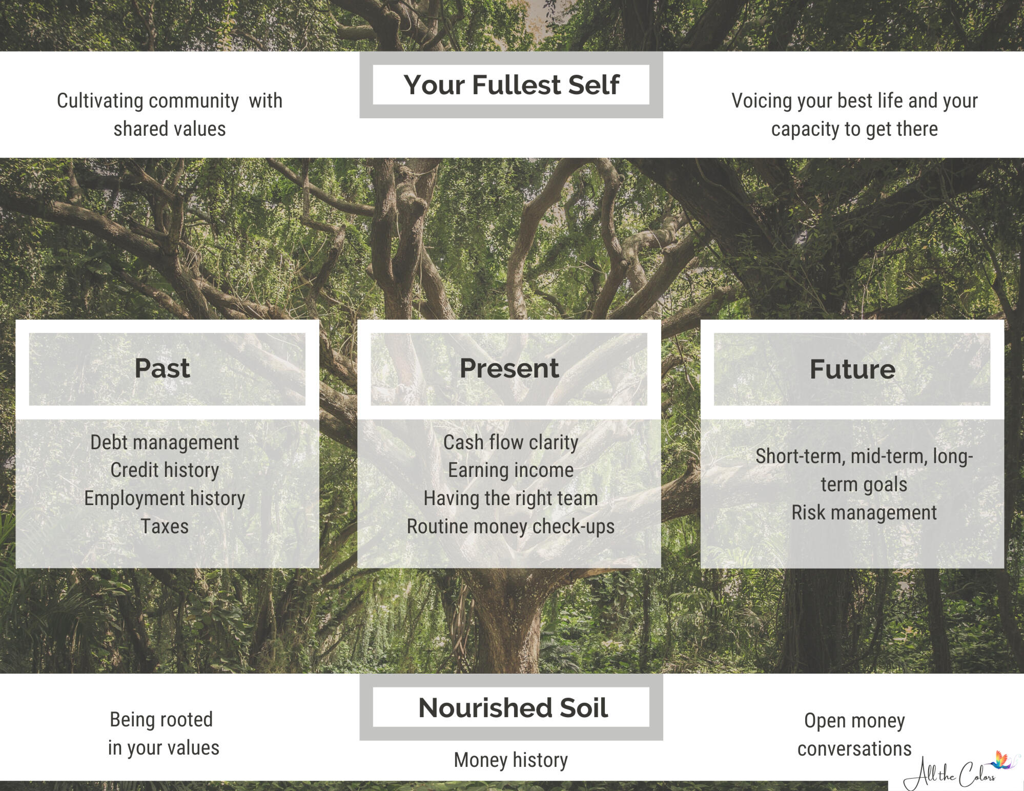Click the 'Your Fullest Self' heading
coord(511,85)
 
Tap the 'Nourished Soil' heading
coord(513,707)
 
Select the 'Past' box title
coord(162,368)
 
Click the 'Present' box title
coord(509,368)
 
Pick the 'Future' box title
coord(852,369)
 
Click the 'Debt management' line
coord(165,442)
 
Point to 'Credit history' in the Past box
coord(165,470)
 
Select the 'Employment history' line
coord(165,498)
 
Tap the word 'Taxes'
coord(165,526)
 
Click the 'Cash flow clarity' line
coord(510,442)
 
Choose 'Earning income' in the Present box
coord(510,470)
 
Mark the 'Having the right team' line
coord(510,498)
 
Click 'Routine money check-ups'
coord(510,527)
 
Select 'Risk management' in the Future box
coord(864,513)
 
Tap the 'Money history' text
coord(510,760)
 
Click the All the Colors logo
coord(958,771)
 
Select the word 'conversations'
coord(854,749)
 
